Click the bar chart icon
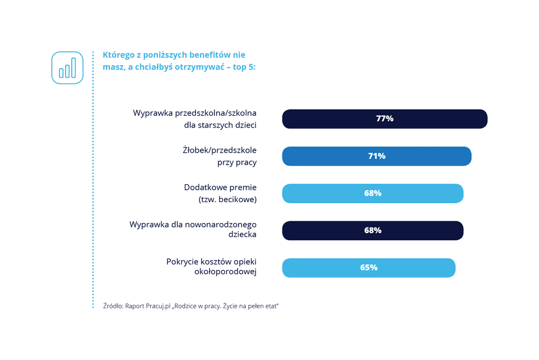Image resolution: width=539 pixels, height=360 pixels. [67, 67]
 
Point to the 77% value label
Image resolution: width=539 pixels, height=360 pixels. [385, 119]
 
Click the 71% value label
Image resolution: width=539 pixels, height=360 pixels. [377, 156]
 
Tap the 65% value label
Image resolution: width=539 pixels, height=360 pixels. [369, 268]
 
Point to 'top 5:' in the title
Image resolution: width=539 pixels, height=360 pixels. [244, 67]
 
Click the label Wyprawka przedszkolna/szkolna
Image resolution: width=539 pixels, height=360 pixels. [195, 113]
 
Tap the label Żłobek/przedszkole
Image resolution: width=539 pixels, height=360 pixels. [220, 151]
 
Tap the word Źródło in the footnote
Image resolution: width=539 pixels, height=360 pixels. [113, 306]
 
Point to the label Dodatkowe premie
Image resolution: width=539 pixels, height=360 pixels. [220, 188]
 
